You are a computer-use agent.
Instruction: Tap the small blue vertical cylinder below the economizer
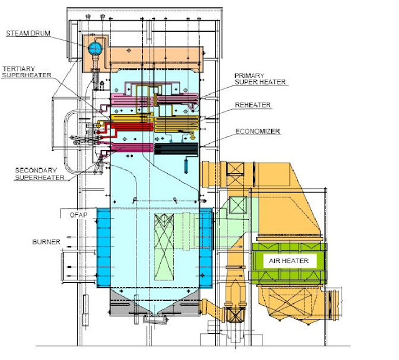coord(186,166)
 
